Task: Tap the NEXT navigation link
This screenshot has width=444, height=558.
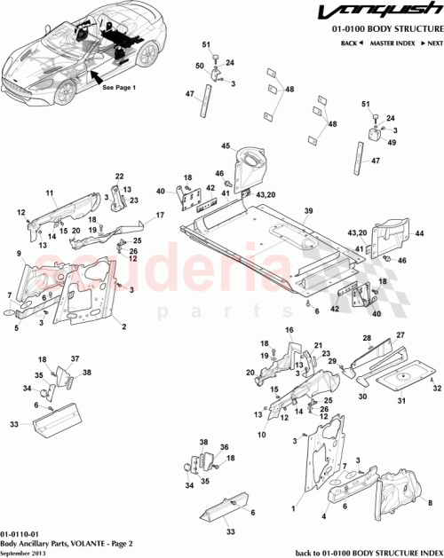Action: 432,43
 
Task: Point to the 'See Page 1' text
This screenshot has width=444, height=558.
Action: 120,89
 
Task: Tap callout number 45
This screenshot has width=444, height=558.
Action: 226,146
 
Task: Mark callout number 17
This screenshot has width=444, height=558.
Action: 161,216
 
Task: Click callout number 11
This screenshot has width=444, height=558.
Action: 50,193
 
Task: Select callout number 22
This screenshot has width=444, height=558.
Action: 119,177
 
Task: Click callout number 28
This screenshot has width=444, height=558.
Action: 365,339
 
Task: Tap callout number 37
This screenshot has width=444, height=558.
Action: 75,359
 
